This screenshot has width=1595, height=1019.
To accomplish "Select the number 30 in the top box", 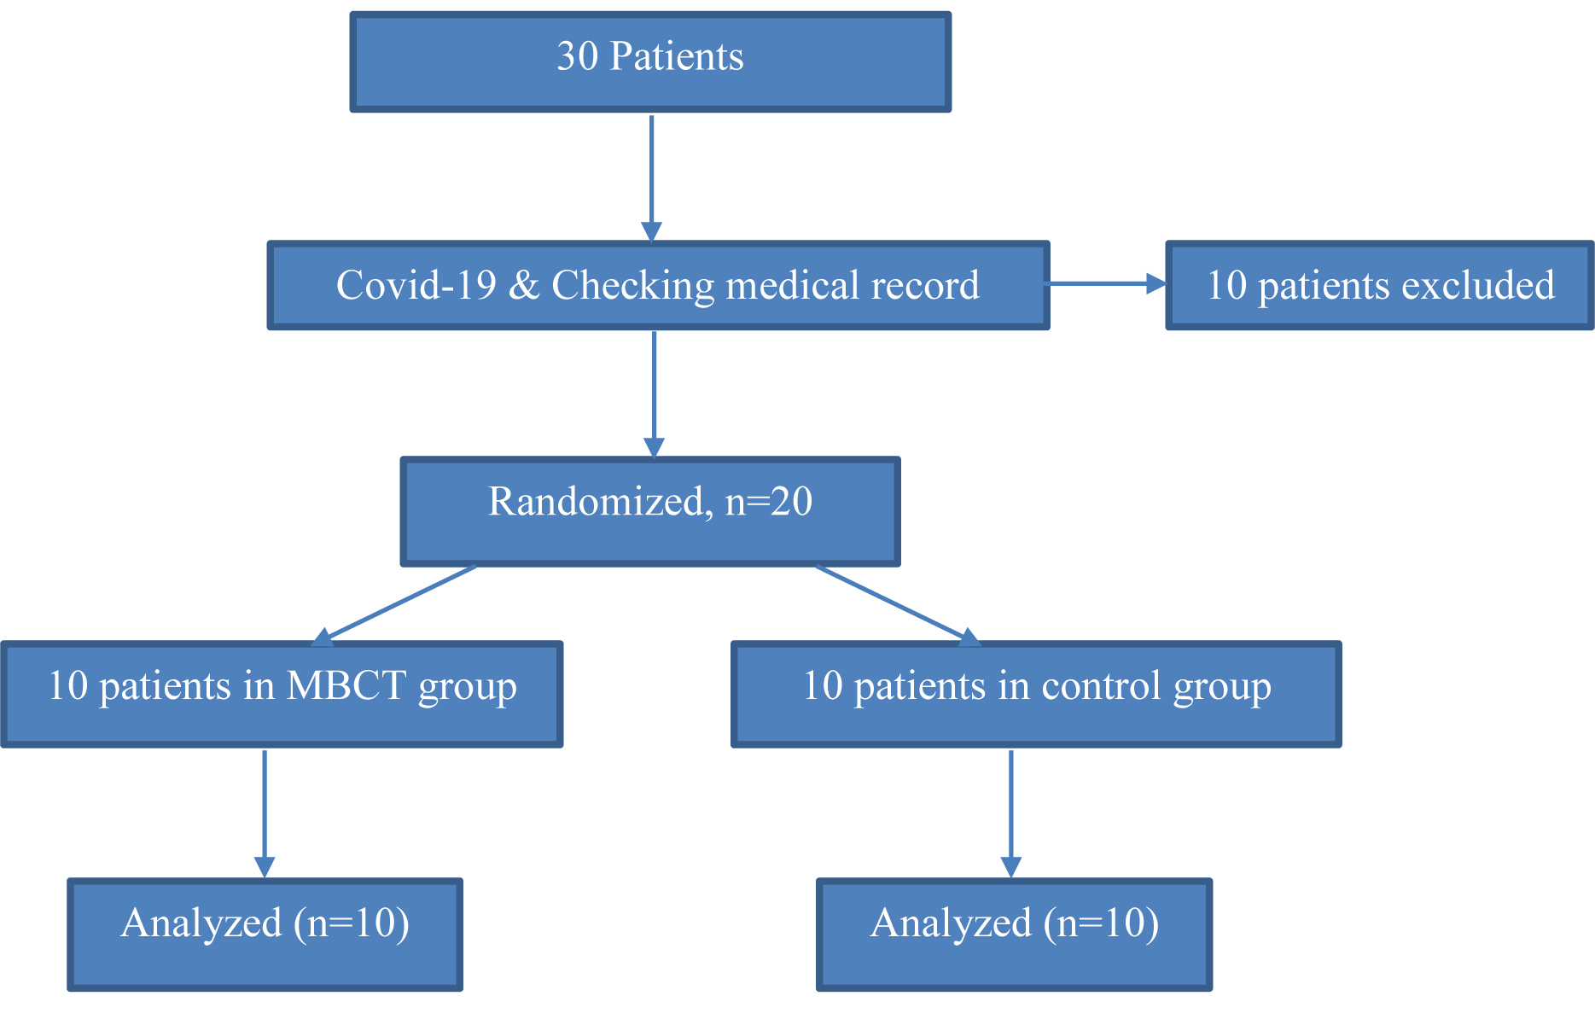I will click(577, 57).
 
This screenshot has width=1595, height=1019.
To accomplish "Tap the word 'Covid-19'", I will click(416, 286).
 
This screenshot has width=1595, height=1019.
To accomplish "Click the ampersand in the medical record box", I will click(523, 286).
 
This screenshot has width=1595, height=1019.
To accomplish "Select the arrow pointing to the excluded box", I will click(1107, 283).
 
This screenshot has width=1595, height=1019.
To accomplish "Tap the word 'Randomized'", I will click(595, 502).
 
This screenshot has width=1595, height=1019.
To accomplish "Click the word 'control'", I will click(1102, 686).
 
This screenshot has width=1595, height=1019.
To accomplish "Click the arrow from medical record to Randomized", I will click(654, 393).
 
